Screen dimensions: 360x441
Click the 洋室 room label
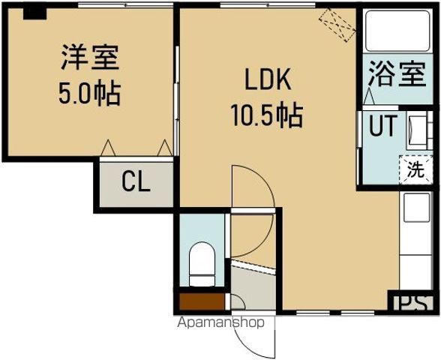click(89, 58)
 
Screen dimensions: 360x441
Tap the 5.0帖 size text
click(89, 94)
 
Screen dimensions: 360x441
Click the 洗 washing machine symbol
click(413, 169)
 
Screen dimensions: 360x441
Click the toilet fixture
click(202, 264)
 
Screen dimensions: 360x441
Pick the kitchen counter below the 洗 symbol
click(415, 240)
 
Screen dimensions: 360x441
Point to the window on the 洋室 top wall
click(112, 6)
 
